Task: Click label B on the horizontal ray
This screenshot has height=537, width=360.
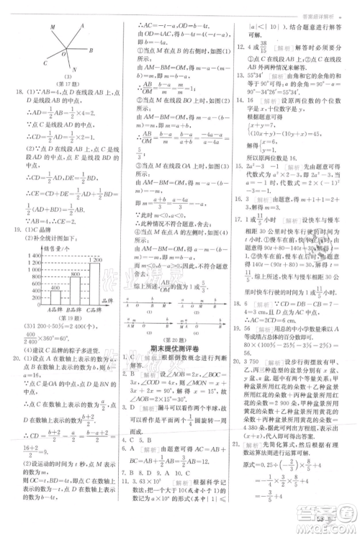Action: click(x=91, y=50)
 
